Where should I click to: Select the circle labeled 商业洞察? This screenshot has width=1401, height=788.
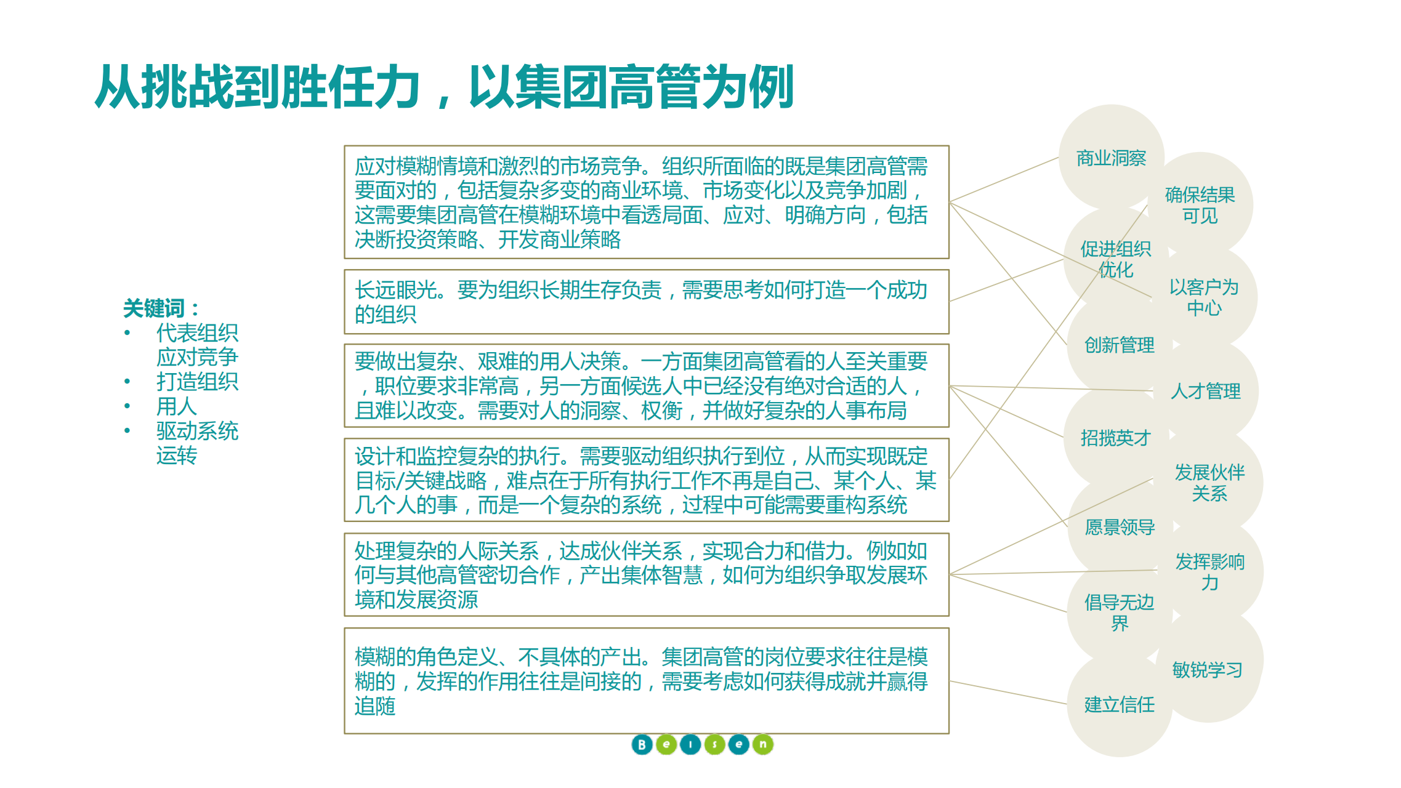tap(1111, 158)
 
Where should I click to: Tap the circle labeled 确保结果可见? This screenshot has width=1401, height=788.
tap(1200, 205)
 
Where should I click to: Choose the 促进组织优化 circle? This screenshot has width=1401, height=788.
tap(1115, 259)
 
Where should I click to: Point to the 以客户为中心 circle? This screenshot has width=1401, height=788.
tap(1203, 297)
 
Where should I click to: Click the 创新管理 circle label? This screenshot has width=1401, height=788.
tap(1119, 345)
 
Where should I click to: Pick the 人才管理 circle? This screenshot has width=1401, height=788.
tap(1205, 391)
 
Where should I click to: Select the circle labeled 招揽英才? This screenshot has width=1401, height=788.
tap(1115, 438)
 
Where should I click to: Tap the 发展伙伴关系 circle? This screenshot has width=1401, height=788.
tap(1209, 483)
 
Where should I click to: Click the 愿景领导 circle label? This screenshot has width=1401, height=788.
tap(1119, 527)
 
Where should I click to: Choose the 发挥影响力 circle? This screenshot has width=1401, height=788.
tap(1209, 572)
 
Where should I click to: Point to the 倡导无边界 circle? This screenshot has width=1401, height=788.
tap(1119, 613)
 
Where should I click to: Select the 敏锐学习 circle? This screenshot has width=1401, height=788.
tap(1207, 669)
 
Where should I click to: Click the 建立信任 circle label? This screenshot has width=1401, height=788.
tap(1119, 704)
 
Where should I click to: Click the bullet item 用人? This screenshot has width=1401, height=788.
tap(177, 406)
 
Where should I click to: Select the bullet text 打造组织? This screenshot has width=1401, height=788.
tap(197, 382)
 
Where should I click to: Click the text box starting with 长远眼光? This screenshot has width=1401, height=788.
tap(646, 302)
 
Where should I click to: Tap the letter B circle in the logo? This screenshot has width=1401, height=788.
tap(642, 744)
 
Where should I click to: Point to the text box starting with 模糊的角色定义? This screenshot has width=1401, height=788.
tap(646, 681)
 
